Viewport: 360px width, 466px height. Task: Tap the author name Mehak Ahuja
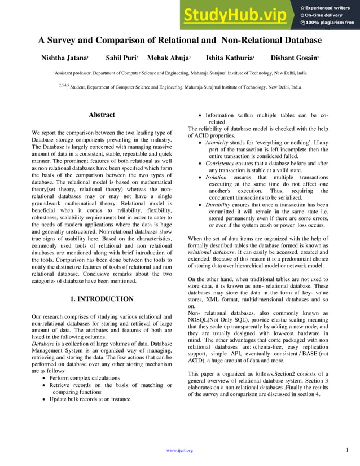(x=168, y=58)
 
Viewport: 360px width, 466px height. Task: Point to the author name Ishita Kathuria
(x=229, y=58)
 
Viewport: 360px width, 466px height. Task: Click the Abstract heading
(x=102, y=115)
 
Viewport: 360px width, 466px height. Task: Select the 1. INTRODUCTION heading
(x=102, y=299)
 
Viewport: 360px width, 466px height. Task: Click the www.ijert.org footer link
(x=180, y=450)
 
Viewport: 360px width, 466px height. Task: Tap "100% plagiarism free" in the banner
(x=330, y=23)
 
